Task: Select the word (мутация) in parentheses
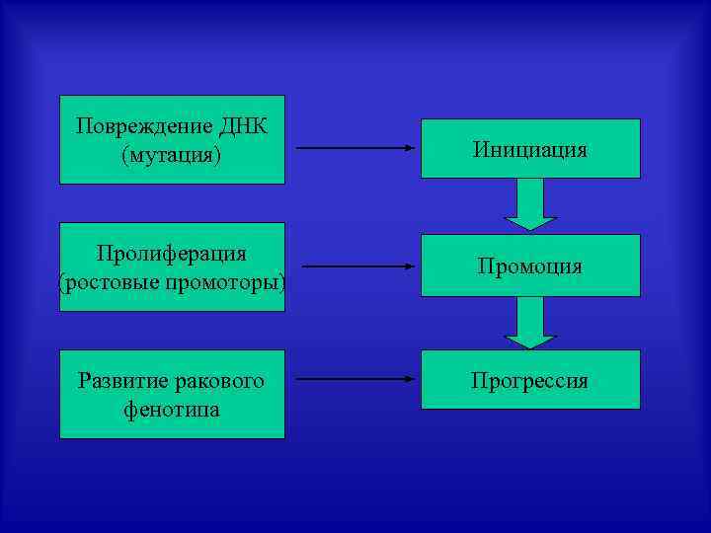click(x=172, y=155)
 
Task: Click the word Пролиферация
click(x=172, y=254)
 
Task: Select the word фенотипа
click(x=172, y=410)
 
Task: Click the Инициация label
click(x=529, y=150)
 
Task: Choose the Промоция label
click(x=529, y=266)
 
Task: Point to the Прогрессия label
click(x=529, y=381)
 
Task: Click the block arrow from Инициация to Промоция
click(x=530, y=205)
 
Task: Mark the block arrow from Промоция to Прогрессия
click(x=530, y=323)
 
